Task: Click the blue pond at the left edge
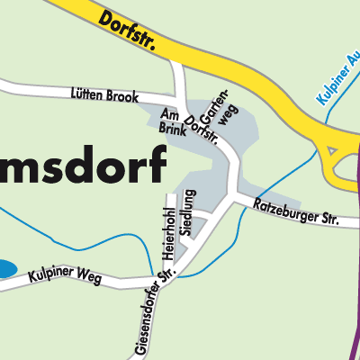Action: [x=4, y=267]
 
